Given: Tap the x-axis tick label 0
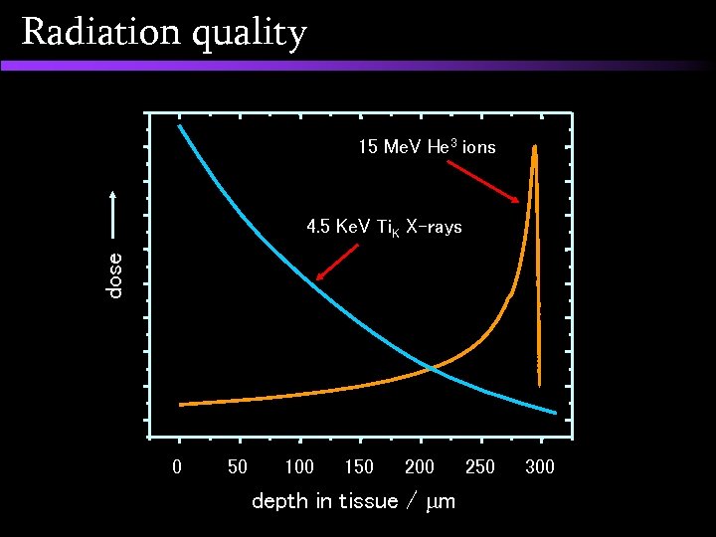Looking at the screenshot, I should (x=178, y=466).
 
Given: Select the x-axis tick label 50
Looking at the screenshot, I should (x=238, y=466).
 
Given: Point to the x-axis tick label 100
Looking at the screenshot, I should (x=298, y=466).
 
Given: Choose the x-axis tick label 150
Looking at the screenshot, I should (x=359, y=466).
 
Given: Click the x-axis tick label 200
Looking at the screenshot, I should (x=420, y=466).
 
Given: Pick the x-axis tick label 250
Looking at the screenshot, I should (x=479, y=466).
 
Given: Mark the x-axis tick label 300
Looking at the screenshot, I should (x=540, y=466).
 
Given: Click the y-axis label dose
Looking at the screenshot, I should (x=115, y=274).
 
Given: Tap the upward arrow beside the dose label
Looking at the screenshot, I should (x=115, y=214).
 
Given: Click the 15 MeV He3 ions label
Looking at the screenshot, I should (x=427, y=147).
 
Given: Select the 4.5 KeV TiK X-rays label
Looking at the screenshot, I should (x=384, y=228).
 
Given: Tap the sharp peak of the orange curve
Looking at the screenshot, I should (x=535, y=148).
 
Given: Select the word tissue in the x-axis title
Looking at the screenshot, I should (x=367, y=501).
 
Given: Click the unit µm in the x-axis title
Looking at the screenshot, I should (x=439, y=502).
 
